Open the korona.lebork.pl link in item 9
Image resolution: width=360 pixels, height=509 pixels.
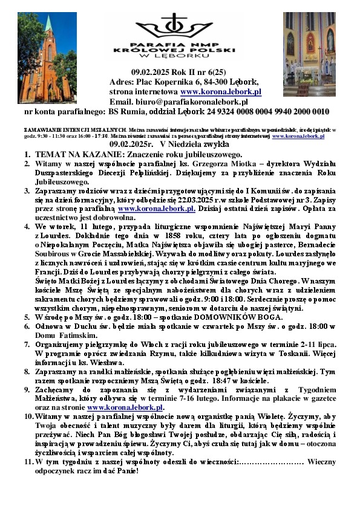(x=125, y=407)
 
